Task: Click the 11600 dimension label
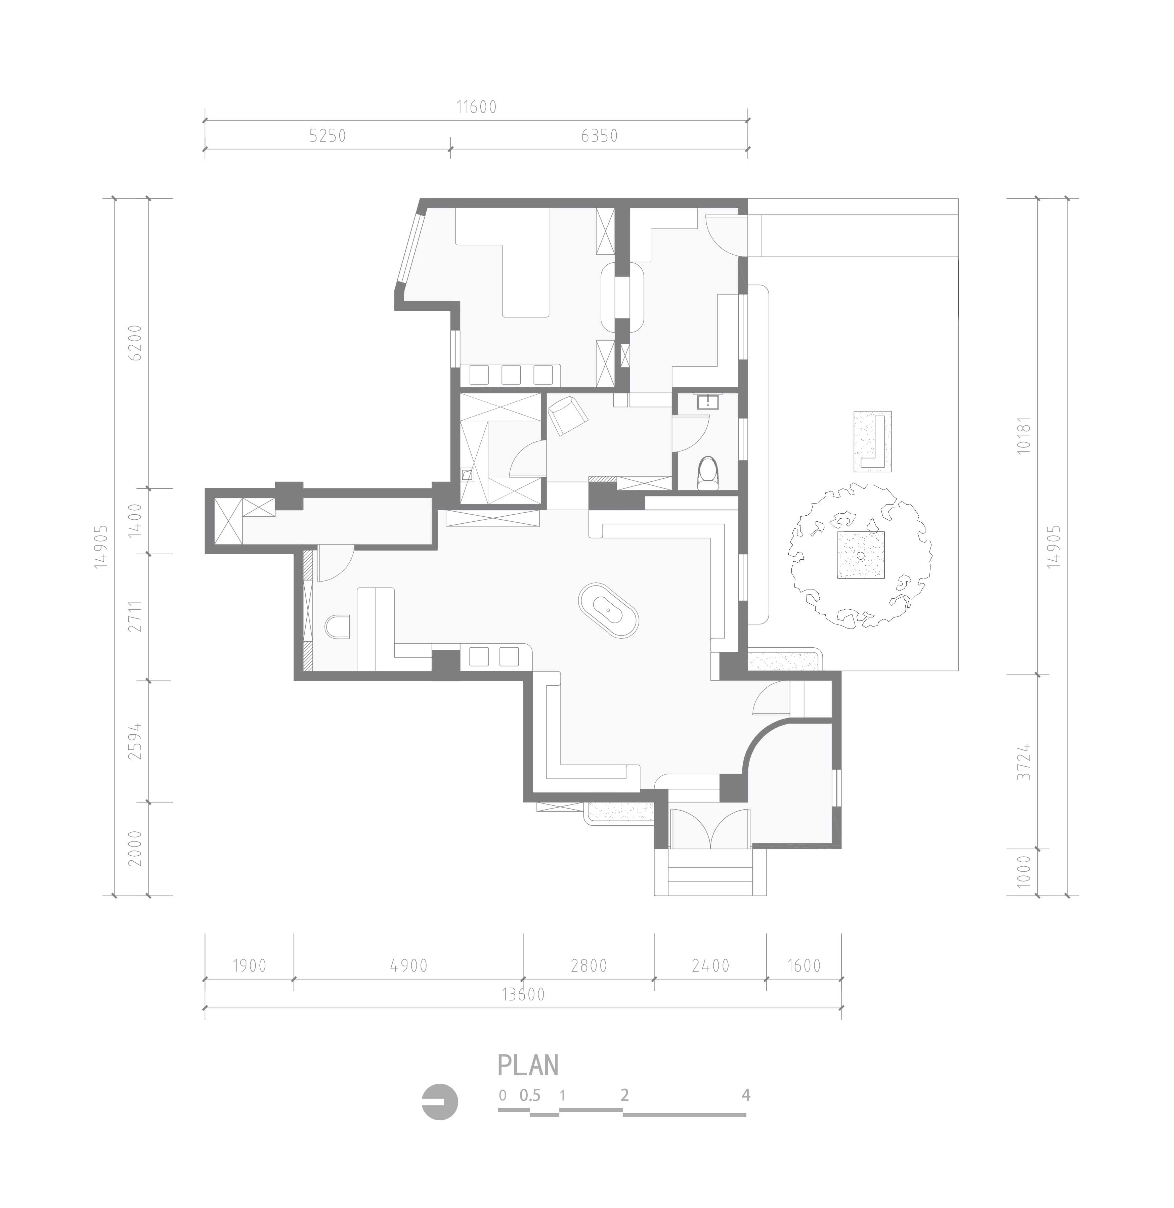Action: click(476, 107)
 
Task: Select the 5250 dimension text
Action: click(328, 136)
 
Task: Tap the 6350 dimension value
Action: click(599, 136)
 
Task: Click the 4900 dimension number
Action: click(409, 966)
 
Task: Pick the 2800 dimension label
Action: click(589, 966)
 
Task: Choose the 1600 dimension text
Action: click(804, 966)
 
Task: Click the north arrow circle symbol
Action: click(440, 1102)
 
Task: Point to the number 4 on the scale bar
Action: click(746, 1095)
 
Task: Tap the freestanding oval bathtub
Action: click(609, 610)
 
